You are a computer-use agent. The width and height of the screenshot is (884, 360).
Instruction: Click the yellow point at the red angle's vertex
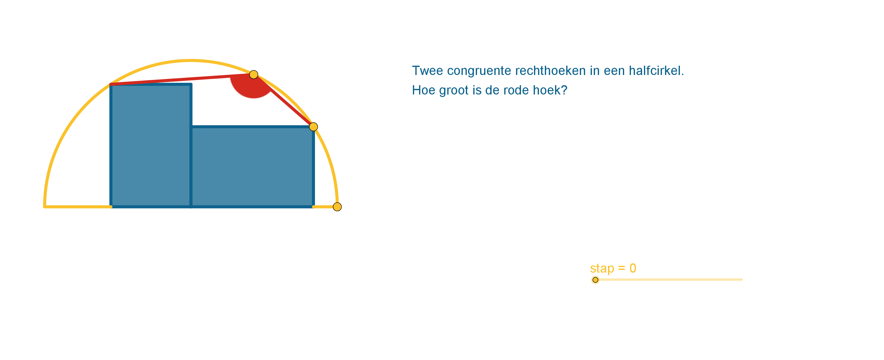254,74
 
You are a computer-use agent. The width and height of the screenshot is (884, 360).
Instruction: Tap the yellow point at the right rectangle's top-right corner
313,127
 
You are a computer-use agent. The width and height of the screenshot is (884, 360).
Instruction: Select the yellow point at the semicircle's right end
337,207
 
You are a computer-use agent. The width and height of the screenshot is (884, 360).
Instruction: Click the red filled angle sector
251,86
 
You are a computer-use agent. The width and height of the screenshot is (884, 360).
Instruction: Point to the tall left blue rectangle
151,146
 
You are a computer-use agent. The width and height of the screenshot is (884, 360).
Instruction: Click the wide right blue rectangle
252,167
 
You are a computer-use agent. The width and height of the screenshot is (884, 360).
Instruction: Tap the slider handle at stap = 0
595,280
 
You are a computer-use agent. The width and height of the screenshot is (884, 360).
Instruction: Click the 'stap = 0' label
613,268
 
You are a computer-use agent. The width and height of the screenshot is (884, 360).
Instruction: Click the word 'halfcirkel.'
656,71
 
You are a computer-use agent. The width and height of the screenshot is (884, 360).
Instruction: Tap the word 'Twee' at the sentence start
427,71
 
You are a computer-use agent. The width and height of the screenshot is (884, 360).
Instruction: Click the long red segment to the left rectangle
182,79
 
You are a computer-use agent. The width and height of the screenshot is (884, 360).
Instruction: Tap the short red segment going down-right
283,101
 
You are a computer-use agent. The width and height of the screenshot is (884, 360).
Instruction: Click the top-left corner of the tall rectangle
111,84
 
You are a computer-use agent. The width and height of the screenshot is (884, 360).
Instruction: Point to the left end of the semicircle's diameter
45,207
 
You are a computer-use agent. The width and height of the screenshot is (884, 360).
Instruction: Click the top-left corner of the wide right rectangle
191,127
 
